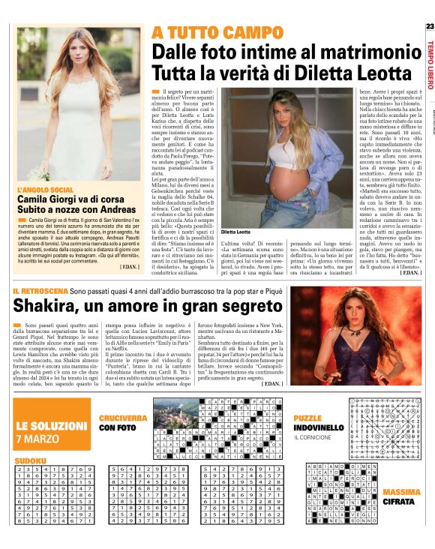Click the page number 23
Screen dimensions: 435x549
pos(429,27)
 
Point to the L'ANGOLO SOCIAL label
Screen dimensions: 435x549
pos(46,190)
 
